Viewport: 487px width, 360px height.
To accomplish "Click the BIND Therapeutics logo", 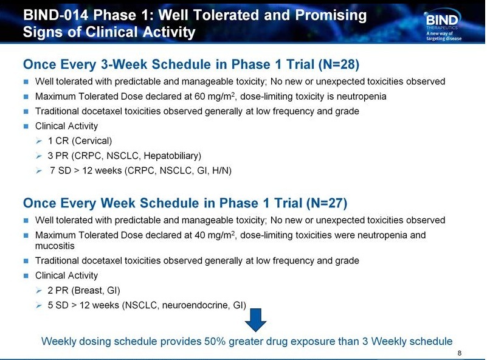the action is (x=443, y=26).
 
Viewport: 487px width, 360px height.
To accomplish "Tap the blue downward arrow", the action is (x=255, y=320).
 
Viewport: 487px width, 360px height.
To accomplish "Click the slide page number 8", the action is (x=460, y=353).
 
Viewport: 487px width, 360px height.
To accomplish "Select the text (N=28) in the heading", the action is (x=339, y=64).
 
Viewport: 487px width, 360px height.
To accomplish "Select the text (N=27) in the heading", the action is (x=326, y=203).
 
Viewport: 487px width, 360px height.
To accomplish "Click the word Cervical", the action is (x=92, y=140).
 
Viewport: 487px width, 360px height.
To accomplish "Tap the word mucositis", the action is (x=55, y=246).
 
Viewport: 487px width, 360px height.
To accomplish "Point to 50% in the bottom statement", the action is (x=215, y=341).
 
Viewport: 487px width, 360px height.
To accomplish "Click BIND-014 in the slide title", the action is (x=55, y=15).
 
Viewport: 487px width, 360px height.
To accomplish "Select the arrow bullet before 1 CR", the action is (x=39, y=141).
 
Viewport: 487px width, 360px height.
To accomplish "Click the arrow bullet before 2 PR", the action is (x=39, y=291).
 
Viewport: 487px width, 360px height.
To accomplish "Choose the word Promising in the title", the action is (x=331, y=16).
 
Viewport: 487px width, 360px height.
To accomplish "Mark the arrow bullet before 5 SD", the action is (x=39, y=306).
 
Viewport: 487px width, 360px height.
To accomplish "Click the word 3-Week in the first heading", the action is (x=124, y=64).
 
